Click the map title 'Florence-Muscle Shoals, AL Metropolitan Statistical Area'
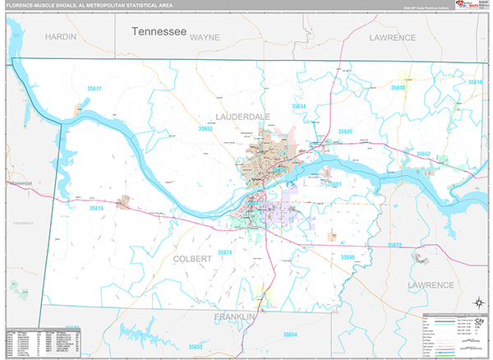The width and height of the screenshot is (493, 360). click(x=78, y=5)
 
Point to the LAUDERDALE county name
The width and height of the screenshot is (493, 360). click(x=243, y=118)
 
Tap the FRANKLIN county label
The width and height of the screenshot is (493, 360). click(x=236, y=316)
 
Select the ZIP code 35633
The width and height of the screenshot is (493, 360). click(x=205, y=129)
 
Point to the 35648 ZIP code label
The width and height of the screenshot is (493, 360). click(x=399, y=87)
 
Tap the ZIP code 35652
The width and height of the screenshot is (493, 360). click(x=424, y=154)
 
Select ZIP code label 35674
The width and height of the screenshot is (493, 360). click(x=225, y=252)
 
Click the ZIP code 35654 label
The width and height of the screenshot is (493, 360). click(x=290, y=335)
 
